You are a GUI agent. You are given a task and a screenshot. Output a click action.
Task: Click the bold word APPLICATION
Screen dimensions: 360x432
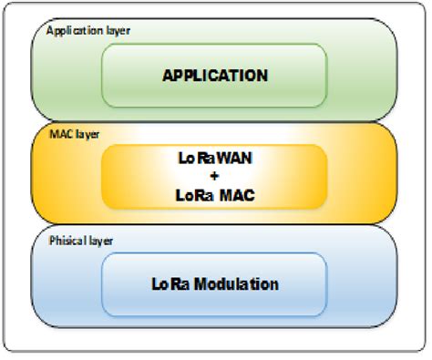[215, 74]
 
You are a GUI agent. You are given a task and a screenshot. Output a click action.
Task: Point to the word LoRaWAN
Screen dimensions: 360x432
[215, 157]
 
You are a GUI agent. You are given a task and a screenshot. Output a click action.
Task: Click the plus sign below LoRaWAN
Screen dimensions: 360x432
[215, 176]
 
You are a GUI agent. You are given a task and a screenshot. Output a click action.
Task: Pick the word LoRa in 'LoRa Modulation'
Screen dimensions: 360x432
[170, 283]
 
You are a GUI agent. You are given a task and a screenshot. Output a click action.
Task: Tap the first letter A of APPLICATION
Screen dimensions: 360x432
[168, 74]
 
